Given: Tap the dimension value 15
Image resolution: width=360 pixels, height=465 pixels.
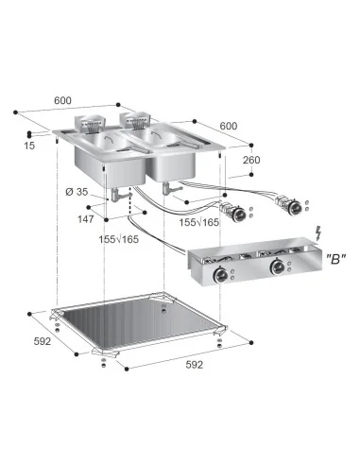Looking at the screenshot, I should coord(29,145).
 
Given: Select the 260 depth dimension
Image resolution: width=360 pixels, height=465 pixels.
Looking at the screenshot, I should coord(250,160).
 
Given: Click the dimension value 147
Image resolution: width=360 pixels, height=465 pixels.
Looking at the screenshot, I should coord(85,219).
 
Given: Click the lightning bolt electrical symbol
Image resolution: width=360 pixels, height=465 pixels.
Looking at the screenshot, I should coord(325,232).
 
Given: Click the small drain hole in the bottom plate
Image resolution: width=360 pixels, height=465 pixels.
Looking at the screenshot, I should coord(165,308).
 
